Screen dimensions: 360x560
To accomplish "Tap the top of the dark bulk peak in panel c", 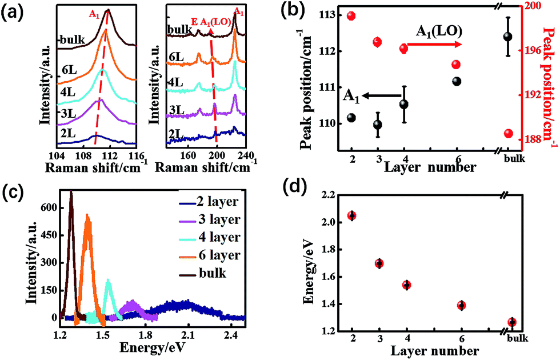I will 71,194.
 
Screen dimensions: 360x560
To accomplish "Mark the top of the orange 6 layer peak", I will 87,216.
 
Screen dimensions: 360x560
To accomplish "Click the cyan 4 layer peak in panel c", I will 108,280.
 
